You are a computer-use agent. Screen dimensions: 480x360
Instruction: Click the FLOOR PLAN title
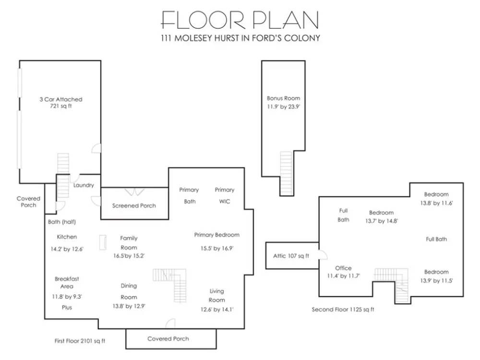click(240, 20)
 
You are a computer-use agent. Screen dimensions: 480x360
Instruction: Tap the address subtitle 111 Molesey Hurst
click(240, 38)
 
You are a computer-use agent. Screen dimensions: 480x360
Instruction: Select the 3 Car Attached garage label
click(61, 99)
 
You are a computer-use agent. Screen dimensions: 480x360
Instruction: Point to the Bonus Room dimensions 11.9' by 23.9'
click(284, 107)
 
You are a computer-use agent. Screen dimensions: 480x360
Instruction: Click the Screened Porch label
click(134, 206)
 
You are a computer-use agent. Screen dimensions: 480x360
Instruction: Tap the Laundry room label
click(84, 185)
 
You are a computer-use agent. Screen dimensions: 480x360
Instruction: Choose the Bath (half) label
click(62, 222)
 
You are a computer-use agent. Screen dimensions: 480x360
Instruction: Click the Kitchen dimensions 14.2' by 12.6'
click(67, 249)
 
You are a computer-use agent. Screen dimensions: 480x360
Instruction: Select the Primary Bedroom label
click(217, 235)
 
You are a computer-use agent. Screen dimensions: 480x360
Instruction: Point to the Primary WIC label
click(224, 196)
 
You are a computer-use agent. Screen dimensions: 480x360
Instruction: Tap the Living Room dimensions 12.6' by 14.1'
click(217, 310)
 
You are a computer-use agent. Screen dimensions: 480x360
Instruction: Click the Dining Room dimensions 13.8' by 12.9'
click(129, 306)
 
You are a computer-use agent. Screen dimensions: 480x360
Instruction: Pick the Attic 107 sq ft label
click(291, 256)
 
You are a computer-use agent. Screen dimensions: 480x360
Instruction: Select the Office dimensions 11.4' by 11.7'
click(344, 276)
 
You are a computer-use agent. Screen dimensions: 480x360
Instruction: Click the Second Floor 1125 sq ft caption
click(343, 309)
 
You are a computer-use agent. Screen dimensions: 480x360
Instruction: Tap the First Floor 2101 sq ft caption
click(80, 341)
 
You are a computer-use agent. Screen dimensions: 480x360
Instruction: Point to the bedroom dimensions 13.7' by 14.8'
click(382, 221)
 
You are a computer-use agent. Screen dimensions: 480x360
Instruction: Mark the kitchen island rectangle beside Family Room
click(103, 242)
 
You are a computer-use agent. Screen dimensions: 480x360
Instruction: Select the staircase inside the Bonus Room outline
click(287, 173)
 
